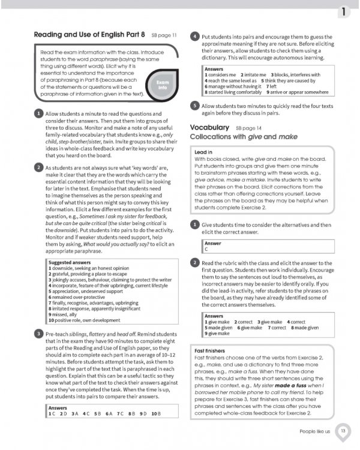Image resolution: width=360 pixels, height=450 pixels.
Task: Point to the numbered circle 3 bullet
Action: point(38,334)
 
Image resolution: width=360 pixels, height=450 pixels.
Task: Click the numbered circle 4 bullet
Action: point(194,37)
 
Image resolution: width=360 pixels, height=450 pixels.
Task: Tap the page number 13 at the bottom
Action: point(343,431)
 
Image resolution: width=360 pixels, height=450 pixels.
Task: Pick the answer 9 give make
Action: point(220,333)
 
